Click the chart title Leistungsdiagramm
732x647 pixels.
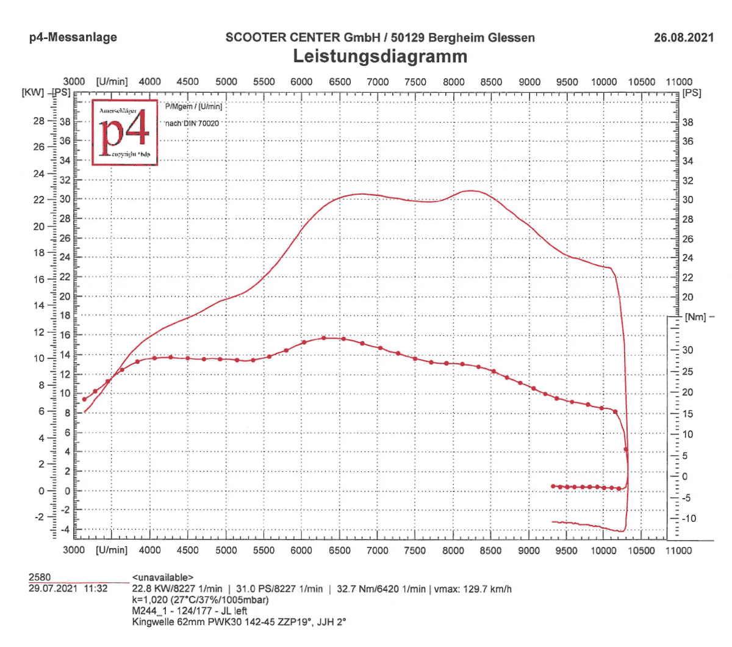(380, 56)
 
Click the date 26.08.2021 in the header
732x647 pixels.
(683, 37)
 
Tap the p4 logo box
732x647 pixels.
(125, 132)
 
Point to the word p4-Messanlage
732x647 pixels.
(73, 37)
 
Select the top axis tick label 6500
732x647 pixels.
(340, 82)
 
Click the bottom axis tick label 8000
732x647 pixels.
(453, 550)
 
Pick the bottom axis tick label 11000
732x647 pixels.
(678, 550)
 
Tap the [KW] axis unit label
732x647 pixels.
(33, 93)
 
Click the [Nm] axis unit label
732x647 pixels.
(695, 317)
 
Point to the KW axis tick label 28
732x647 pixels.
(39, 121)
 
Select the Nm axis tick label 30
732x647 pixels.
(687, 350)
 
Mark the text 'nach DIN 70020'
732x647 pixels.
(192, 123)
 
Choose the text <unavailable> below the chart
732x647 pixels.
(162, 577)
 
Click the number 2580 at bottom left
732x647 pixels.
(40, 577)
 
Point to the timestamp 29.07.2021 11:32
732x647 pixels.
(68, 588)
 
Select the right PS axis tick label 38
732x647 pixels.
(687, 122)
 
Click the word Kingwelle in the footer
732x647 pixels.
(153, 622)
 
